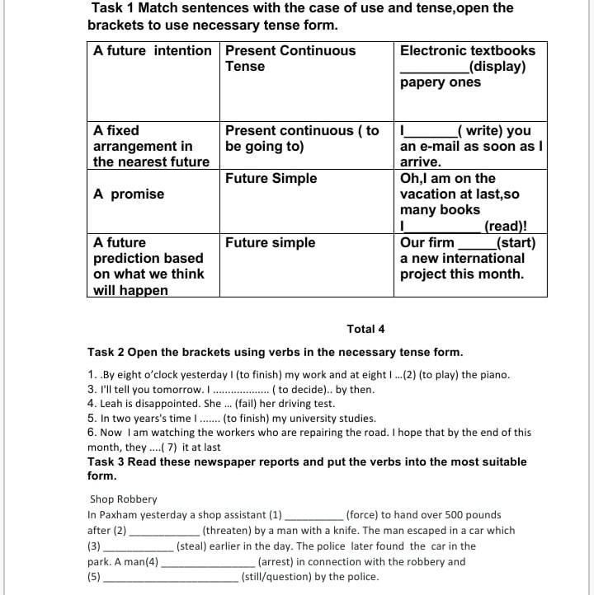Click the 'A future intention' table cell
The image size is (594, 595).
pyautogui.click(x=152, y=51)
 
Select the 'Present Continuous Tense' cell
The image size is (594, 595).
pyautogui.click(x=290, y=59)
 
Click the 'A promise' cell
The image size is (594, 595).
pyautogui.click(x=129, y=194)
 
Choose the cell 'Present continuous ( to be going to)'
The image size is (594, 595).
pyautogui.click(x=302, y=138)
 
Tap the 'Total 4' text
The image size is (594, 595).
pyautogui.click(x=365, y=329)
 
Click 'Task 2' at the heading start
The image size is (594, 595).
pyautogui.click(x=106, y=352)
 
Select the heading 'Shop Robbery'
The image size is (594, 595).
pyautogui.click(x=123, y=499)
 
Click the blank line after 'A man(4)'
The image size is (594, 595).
pyautogui.click(x=208, y=563)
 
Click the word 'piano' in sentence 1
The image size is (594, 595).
pyautogui.click(x=492, y=375)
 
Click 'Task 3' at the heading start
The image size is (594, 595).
pyautogui.click(x=106, y=461)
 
